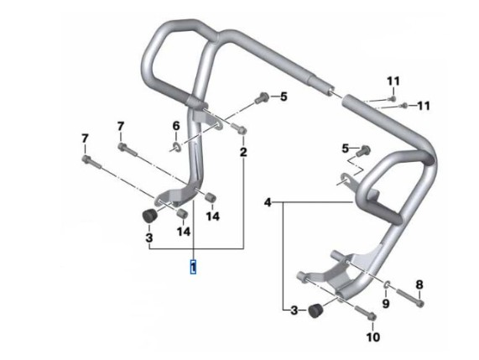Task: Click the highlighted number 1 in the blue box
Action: coord(193,267)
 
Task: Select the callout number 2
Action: coord(243,152)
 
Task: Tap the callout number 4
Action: coord(268,202)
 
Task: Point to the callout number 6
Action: coord(176,126)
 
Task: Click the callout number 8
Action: coord(419,284)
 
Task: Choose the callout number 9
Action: coord(386,304)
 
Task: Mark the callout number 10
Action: coord(373,337)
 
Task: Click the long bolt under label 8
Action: coord(410,298)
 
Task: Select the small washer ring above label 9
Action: coord(386,284)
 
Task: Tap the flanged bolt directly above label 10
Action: coord(366,312)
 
